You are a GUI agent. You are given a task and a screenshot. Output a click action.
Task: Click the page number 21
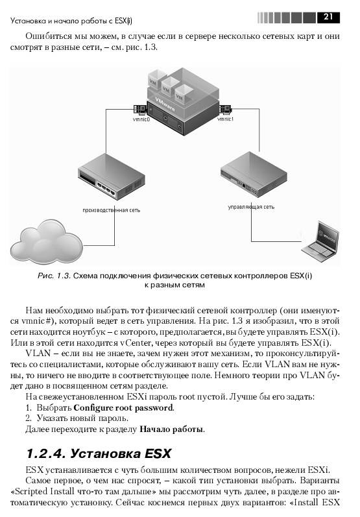[328, 17]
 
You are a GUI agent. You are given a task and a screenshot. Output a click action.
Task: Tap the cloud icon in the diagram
[46, 241]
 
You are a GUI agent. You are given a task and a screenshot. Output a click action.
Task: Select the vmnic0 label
[141, 119]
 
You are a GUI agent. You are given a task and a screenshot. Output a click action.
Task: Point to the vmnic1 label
[225, 119]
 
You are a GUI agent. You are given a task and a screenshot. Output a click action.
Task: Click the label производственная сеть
[111, 210]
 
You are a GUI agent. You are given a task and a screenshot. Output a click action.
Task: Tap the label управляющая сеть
[251, 207]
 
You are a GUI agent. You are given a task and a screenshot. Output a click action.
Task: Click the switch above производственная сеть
[112, 176]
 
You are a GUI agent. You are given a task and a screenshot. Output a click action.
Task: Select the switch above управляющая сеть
[254, 174]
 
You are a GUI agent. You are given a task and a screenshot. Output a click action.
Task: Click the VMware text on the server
[165, 104]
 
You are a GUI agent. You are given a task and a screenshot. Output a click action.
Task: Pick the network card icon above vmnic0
[141, 110]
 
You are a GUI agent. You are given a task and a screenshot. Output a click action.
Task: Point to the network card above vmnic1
[225, 109]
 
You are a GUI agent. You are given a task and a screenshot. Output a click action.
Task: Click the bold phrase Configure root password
[123, 408]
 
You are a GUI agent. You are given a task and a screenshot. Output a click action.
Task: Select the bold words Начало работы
[171, 429]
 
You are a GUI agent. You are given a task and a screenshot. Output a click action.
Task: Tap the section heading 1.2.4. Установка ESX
[99, 453]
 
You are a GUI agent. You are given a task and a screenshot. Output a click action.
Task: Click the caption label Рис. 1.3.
[54, 276]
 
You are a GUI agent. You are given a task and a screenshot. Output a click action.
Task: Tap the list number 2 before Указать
[29, 418]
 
